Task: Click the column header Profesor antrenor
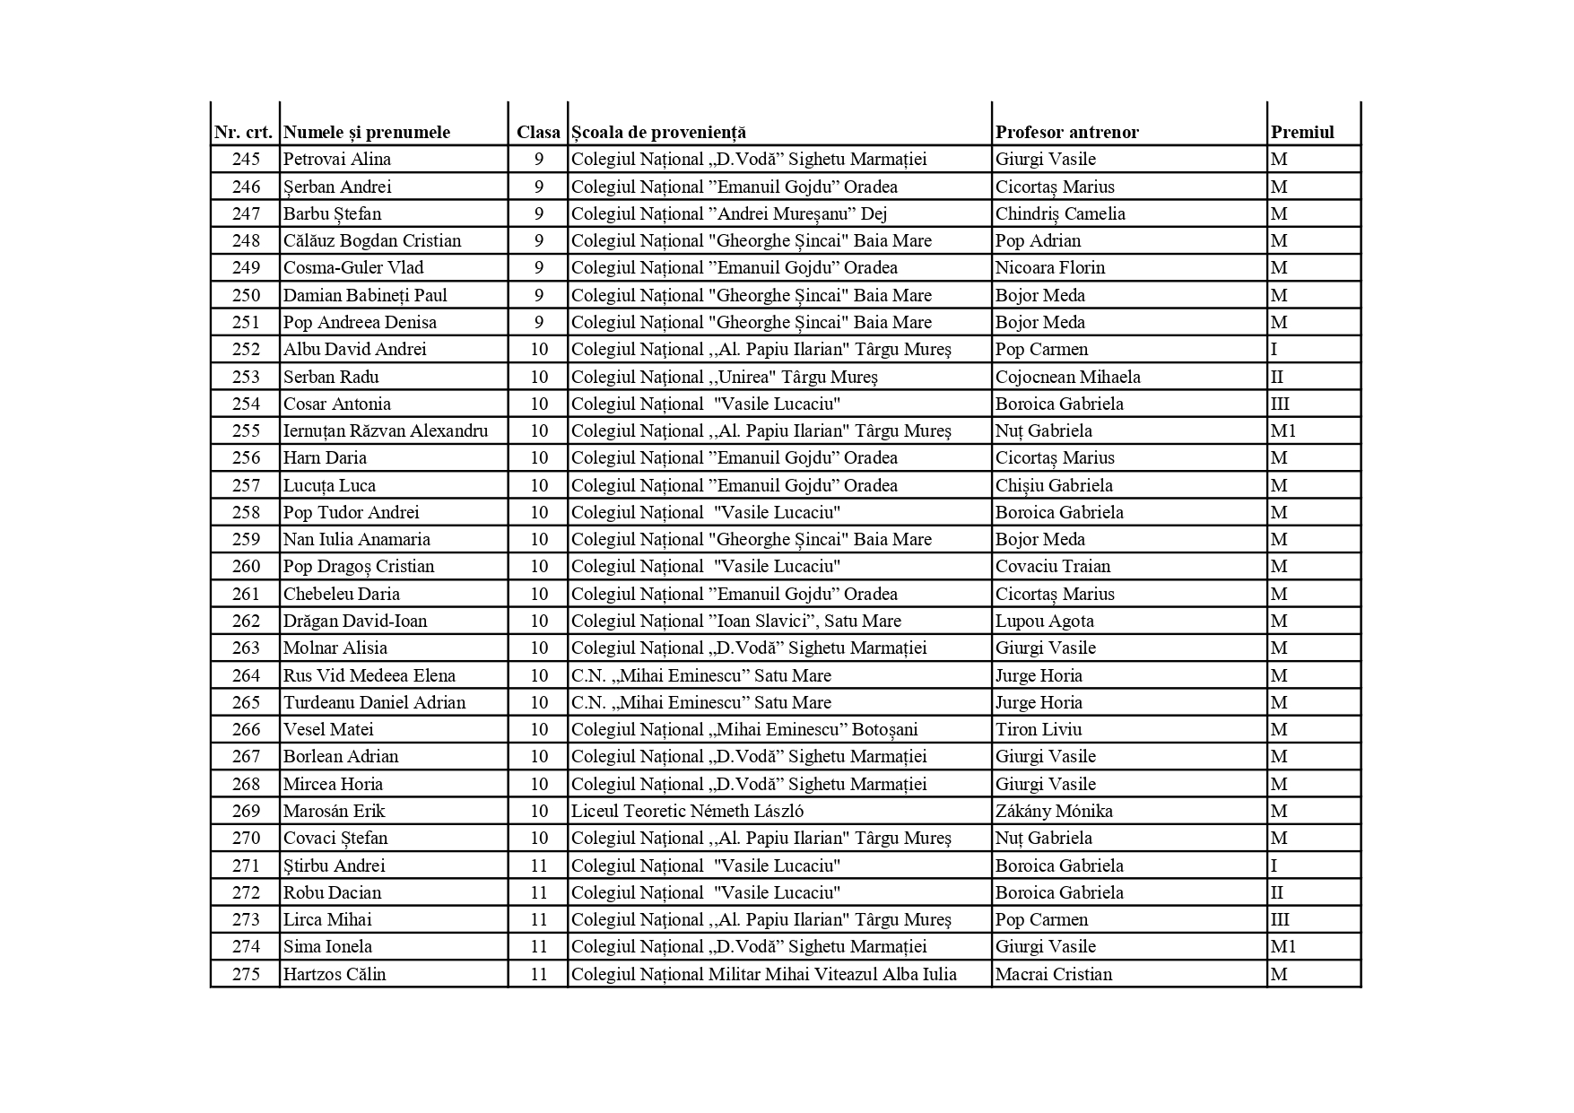(1066, 132)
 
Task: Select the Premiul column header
(1302, 132)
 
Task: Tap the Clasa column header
(538, 132)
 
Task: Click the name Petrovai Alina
(337, 159)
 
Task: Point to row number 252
(246, 349)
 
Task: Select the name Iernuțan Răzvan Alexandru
(386, 430)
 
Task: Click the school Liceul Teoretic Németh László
(687, 811)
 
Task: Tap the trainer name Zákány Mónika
(1054, 811)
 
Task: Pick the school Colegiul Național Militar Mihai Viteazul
(763, 974)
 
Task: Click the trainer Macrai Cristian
(1053, 974)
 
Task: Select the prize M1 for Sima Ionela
(1283, 946)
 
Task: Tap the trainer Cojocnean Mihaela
(1067, 377)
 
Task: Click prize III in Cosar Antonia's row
(1280, 404)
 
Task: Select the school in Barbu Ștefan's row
(729, 213)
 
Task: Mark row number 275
(246, 974)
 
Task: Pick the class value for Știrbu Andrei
(538, 865)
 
